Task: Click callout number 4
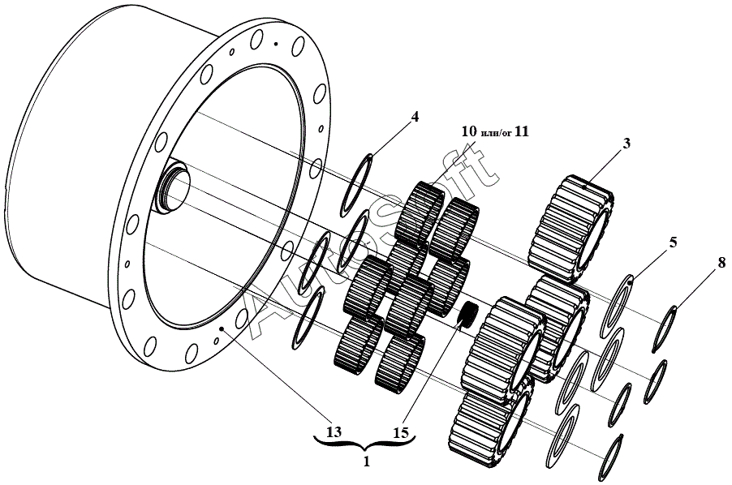click(415, 116)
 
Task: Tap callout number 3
click(627, 143)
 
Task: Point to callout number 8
click(721, 262)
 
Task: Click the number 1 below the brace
click(366, 462)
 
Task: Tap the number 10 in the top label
click(470, 131)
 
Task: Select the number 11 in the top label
click(521, 131)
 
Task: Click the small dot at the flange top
click(276, 43)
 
